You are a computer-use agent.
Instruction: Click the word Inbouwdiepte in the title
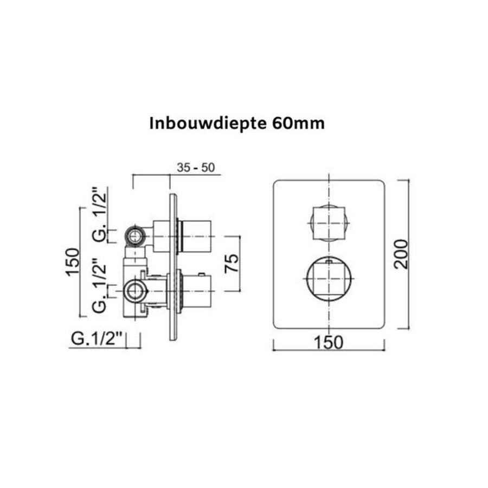(207, 124)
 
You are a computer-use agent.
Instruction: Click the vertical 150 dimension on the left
(73, 262)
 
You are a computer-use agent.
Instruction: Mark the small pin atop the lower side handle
(202, 273)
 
